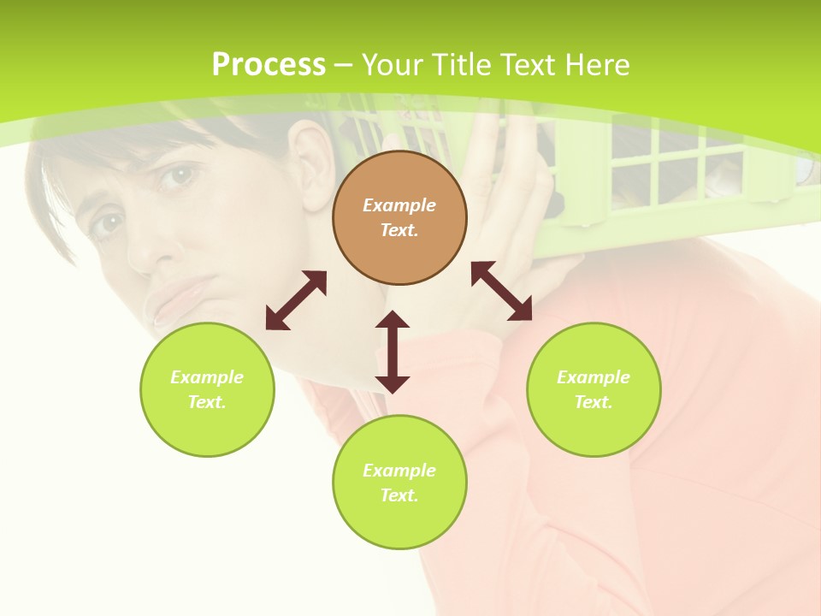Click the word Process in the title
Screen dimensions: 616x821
click(269, 65)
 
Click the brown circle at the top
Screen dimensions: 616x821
click(399, 217)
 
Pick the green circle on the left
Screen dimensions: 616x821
click(207, 389)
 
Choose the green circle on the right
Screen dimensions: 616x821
click(594, 389)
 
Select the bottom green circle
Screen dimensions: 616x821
click(399, 483)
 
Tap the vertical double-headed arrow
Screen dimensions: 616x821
click(393, 352)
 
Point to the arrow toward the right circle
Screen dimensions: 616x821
click(501, 291)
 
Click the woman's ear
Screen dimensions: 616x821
click(312, 163)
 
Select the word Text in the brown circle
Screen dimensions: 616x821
click(399, 230)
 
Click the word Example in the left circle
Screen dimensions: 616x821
click(207, 377)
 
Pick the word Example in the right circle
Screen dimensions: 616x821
click(594, 377)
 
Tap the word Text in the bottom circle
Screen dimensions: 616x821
click(399, 495)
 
